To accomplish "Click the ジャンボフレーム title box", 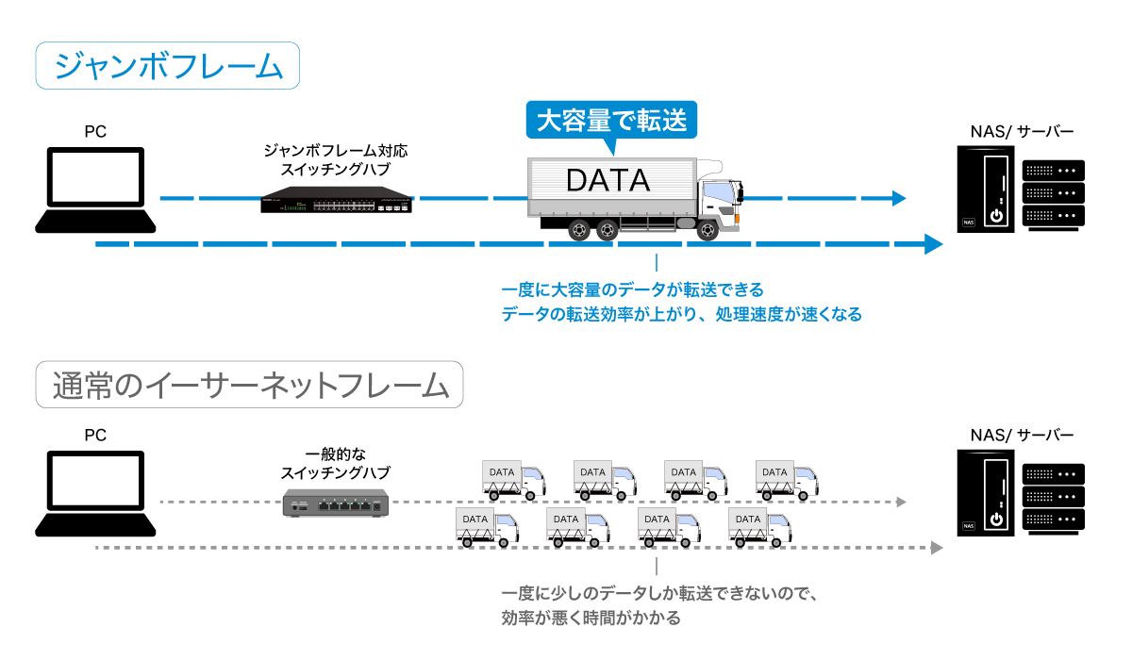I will click(x=168, y=66).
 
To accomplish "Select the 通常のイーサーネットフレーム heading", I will click(x=250, y=385).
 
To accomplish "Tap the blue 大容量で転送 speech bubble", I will click(x=611, y=121).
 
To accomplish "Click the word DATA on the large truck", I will click(x=608, y=179).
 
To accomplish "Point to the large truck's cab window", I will click(x=720, y=191).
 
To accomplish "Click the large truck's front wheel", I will click(x=708, y=229).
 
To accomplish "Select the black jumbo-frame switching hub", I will click(x=336, y=200).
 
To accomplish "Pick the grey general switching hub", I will click(x=336, y=504).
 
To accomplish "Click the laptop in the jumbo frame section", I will click(x=95, y=189).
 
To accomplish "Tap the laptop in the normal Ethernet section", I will click(x=95, y=492).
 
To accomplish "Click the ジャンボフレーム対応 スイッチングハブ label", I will click(x=336, y=159).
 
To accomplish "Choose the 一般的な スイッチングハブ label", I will click(x=336, y=463).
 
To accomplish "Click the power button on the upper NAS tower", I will click(x=995, y=216).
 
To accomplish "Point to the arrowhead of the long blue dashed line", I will click(x=934, y=245).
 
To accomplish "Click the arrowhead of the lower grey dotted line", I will click(x=937, y=547).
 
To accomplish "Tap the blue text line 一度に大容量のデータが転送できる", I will click(x=632, y=289).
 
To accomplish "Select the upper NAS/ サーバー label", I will click(x=1022, y=132).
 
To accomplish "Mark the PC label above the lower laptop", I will click(x=95, y=436).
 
